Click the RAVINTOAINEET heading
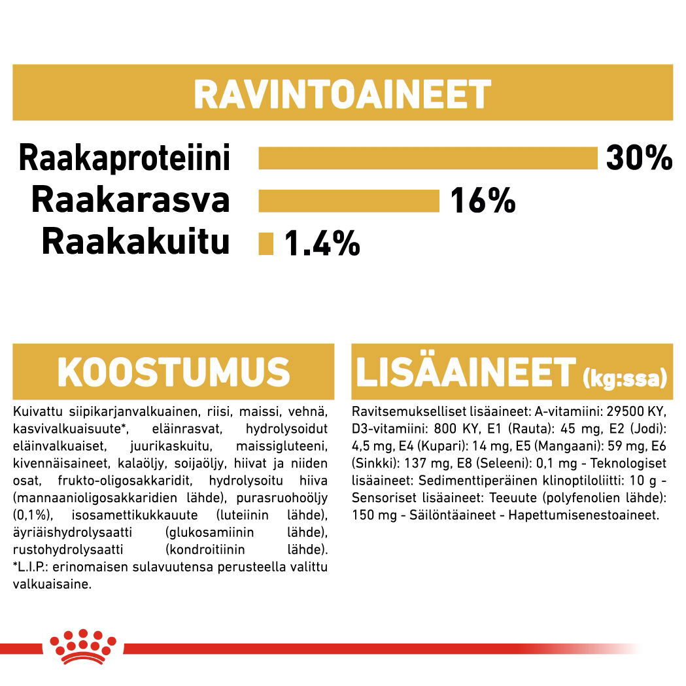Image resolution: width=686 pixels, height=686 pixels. (x=342, y=95)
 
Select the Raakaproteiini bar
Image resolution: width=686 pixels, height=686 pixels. (x=428, y=158)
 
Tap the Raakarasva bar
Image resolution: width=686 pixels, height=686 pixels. (x=349, y=201)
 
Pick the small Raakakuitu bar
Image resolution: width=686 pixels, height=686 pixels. (x=266, y=243)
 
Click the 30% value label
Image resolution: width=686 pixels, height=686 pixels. (x=639, y=158)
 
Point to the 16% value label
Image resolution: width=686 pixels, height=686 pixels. (x=482, y=201)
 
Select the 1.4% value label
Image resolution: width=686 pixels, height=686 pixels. (x=322, y=244)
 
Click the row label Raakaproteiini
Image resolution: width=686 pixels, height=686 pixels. (x=124, y=158)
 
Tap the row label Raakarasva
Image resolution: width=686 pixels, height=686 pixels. (x=131, y=200)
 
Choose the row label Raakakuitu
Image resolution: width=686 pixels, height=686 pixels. (x=135, y=242)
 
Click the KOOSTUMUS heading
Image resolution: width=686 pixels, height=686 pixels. (x=173, y=373)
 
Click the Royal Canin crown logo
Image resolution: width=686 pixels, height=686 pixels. (x=83, y=644)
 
